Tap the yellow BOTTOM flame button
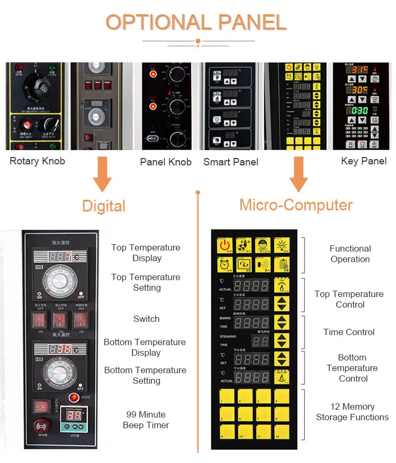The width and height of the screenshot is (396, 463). pos(281,377)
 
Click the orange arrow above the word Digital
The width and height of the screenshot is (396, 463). pos(102,175)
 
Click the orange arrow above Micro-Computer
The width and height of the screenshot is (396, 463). pos(298,175)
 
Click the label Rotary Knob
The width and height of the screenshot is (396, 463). pos(37,161)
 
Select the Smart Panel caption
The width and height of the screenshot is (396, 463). pos(231,162)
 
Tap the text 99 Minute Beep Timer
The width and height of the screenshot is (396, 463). pos(146,420)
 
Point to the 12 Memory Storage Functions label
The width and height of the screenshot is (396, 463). pos(352,412)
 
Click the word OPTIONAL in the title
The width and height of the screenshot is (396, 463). pos(152,23)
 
